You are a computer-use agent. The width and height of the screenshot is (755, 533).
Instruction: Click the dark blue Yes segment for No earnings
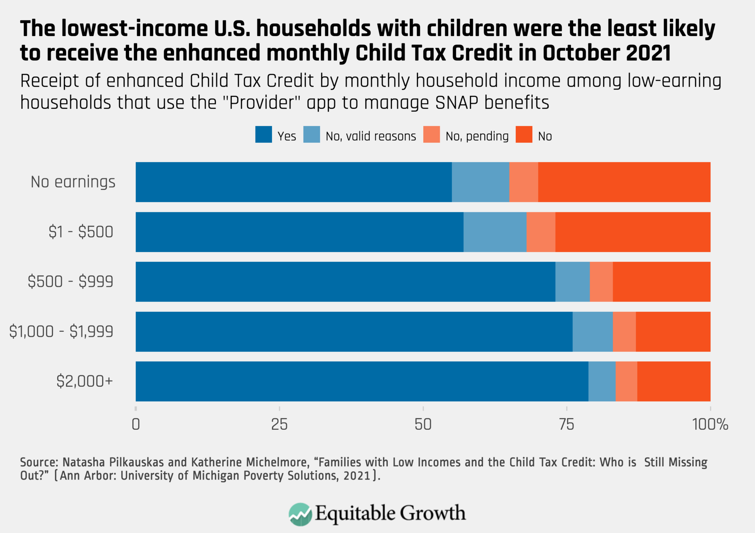pos(293,182)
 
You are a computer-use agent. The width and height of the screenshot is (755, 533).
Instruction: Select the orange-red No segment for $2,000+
pos(674,381)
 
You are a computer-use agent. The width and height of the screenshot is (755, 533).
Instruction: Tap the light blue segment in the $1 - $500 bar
pos(495,232)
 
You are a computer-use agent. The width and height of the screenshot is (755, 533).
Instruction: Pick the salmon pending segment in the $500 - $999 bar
pos(601,282)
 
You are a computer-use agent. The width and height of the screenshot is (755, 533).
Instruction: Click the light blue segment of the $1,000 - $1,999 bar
pos(592,331)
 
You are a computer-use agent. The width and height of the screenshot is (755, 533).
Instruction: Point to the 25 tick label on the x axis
pos(279,425)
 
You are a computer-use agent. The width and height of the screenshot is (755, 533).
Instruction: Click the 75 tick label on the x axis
pos(566,425)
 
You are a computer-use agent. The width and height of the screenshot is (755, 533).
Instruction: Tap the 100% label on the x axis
pos(710,425)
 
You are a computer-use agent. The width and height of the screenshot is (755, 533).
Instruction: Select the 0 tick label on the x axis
pos(136,425)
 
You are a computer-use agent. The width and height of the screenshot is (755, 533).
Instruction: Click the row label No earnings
pos(73,182)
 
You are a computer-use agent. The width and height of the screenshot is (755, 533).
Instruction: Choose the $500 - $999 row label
pos(70,282)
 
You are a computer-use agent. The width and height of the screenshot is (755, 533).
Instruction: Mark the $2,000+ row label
pos(84,381)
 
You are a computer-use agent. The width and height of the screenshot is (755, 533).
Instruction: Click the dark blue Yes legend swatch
pos(264,135)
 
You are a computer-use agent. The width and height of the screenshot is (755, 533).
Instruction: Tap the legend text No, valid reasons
pos(370,136)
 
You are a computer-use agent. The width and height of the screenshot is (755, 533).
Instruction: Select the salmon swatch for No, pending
pos(431,135)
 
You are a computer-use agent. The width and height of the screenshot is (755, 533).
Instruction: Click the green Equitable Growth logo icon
pos(300,514)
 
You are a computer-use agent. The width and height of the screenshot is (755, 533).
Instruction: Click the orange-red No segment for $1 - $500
pos(633,232)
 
